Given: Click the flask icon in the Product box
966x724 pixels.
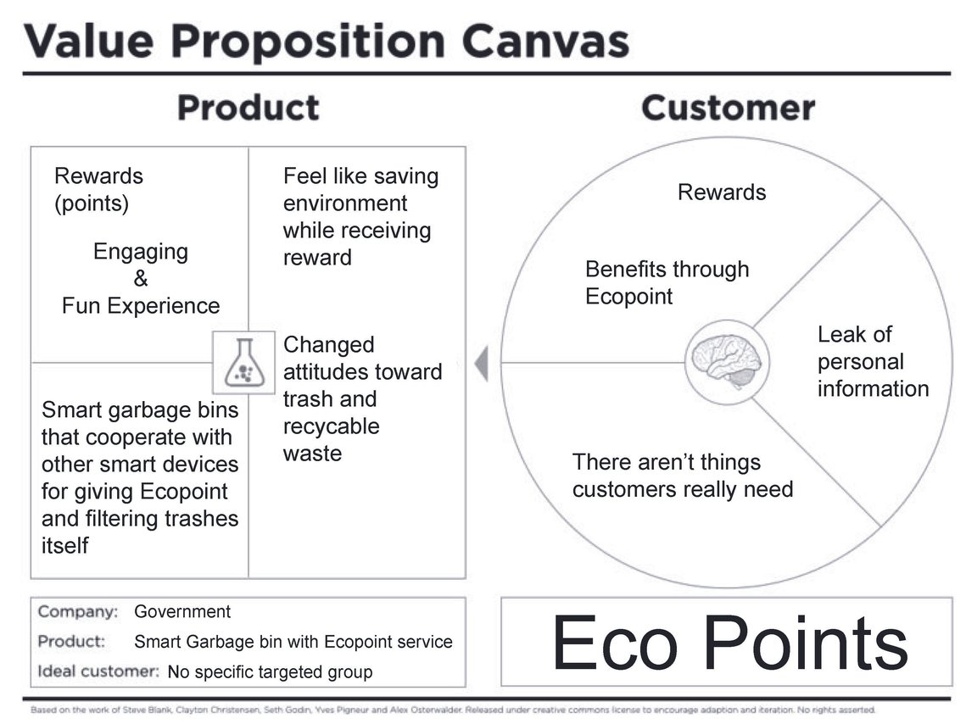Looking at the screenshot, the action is coord(244,363).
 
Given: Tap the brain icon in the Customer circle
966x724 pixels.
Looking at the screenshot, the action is coord(726,362).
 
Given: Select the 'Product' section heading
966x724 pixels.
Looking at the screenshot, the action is coord(248,108).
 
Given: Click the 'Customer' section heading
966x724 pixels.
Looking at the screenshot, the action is coord(728,108).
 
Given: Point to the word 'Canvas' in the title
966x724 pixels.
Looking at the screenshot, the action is coord(545,42).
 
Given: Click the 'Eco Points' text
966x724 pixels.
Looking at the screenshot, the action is coord(730,642).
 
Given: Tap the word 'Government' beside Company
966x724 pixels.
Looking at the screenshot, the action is coord(182,611).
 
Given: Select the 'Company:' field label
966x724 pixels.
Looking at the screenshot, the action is coord(78,611).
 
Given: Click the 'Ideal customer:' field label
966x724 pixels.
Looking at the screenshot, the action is coord(98,671).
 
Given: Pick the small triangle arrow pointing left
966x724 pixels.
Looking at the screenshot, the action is coord(481,363).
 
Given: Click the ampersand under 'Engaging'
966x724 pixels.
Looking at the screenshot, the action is coord(141,278).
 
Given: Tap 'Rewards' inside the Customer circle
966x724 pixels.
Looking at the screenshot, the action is coord(722,192).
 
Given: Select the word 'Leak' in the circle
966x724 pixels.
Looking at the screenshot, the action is coord(839,334).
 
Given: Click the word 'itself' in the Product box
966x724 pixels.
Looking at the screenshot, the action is coord(64,545).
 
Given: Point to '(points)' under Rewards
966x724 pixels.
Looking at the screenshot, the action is coord(92,203).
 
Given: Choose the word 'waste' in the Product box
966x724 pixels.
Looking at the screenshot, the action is coord(312,454).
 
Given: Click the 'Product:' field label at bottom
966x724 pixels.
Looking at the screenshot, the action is coord(71,642).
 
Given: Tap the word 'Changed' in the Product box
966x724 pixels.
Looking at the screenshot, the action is coord(328,345).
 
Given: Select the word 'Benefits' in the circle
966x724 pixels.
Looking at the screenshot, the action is coord(625,269).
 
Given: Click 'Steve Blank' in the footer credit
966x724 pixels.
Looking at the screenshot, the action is coord(148,710).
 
